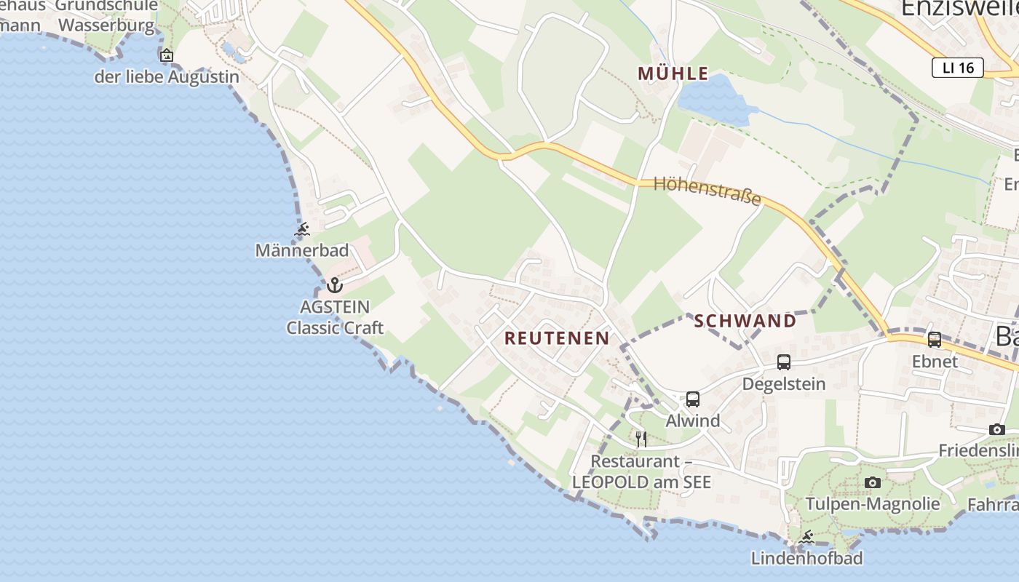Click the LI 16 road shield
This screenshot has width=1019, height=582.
(x=957, y=68)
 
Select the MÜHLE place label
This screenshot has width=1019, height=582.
(x=673, y=73)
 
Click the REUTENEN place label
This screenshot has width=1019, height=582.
(x=557, y=338)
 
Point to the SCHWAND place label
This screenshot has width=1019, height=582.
(x=745, y=321)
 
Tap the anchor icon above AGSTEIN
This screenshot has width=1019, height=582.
(x=335, y=285)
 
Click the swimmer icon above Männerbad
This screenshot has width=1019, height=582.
(x=302, y=230)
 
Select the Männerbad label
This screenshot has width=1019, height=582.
(x=302, y=251)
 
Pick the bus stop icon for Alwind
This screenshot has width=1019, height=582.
(x=692, y=399)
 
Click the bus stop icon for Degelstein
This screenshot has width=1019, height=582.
(x=783, y=362)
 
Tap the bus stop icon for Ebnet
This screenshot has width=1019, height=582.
(x=935, y=339)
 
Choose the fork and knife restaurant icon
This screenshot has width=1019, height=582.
(x=641, y=439)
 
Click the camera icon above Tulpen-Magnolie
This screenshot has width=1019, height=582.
(x=872, y=482)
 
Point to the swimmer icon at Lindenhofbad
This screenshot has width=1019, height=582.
(x=806, y=538)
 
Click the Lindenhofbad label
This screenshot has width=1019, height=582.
(x=806, y=559)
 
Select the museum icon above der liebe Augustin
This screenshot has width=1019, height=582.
(x=167, y=55)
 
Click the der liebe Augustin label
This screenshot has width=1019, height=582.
(x=167, y=76)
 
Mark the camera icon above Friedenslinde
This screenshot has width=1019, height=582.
(x=996, y=429)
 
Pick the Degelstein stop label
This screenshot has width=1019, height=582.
(x=784, y=383)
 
